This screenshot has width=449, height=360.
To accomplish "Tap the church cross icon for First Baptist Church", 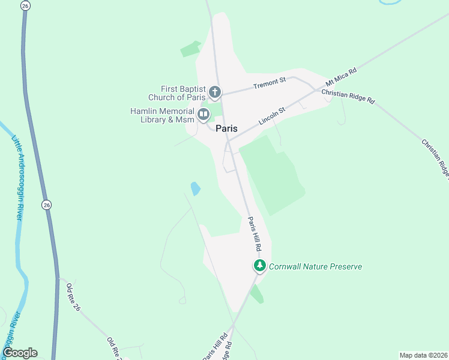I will click(x=215, y=92).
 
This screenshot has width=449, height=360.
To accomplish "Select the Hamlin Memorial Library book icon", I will click(x=203, y=114).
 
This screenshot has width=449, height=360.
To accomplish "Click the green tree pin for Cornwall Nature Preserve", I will click(x=259, y=265).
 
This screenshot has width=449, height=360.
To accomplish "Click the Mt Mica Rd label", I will click(x=341, y=78).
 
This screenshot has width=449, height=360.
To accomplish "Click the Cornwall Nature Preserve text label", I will click(x=315, y=266).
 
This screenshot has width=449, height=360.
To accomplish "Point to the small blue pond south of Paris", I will click(x=195, y=188).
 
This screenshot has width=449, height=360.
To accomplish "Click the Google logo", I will click(x=20, y=353).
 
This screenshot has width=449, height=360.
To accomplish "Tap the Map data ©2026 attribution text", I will click(x=423, y=355).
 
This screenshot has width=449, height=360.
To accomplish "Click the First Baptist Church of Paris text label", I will click(x=176, y=92).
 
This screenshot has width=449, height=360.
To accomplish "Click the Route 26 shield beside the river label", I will click(x=47, y=205).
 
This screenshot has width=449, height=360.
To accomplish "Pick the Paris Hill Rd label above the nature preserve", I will click(x=255, y=234).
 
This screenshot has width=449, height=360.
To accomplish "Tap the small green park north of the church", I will click(x=191, y=49).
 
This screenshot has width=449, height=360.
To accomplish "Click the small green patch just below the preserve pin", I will click(x=257, y=294).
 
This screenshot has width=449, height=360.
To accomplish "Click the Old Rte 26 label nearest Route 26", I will click(x=73, y=296).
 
